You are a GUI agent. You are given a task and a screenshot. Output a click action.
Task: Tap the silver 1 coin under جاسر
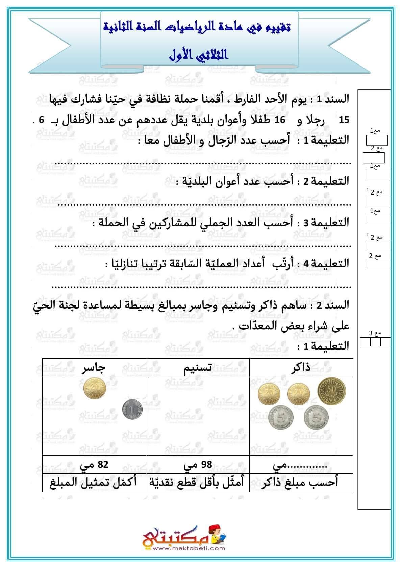click(x=132, y=410)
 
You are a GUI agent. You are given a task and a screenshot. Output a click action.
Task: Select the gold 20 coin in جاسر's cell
click(x=95, y=389)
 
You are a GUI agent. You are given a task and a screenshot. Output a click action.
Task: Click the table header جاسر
click(x=94, y=368)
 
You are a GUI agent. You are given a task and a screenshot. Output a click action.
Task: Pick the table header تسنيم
click(x=198, y=368)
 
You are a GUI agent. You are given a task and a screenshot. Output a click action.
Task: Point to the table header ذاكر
click(x=301, y=368)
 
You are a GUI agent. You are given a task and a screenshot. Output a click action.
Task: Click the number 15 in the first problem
click(x=344, y=120)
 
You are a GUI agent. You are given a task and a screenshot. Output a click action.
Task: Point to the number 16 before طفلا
click(x=279, y=120)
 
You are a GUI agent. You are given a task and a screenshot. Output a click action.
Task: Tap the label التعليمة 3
click(x=325, y=223)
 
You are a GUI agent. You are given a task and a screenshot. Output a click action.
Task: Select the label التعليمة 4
click(x=325, y=264)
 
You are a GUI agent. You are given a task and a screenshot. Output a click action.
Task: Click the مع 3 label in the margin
click(x=375, y=333)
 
